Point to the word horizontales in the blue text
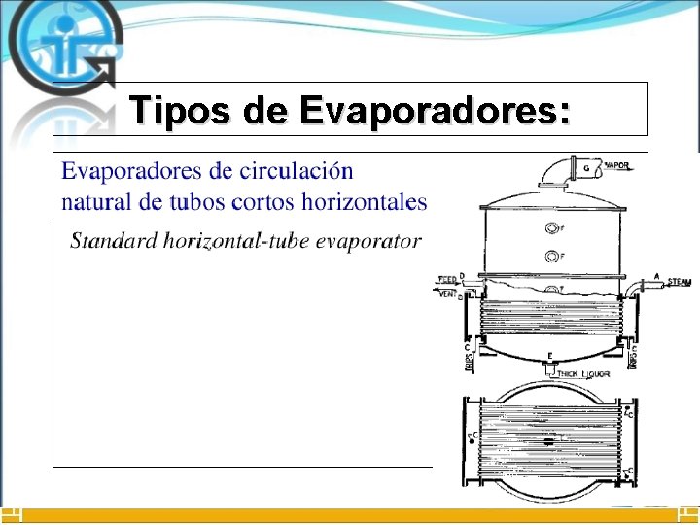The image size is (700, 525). [x=367, y=202]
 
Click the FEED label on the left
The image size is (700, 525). [x=447, y=279]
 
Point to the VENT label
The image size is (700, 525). [x=447, y=293]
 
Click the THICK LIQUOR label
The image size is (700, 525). [x=581, y=373]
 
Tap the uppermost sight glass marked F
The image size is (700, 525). [x=551, y=228]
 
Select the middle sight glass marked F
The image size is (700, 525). [x=551, y=257]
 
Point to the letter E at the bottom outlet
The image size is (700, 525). [x=550, y=355]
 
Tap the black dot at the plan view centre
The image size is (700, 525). [x=549, y=442]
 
